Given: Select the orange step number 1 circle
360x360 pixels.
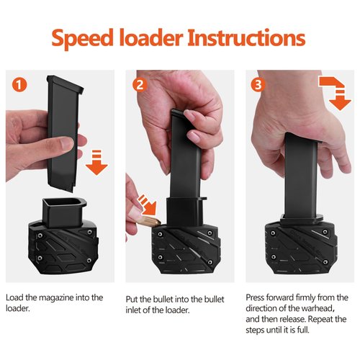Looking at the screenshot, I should click(22, 84).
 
